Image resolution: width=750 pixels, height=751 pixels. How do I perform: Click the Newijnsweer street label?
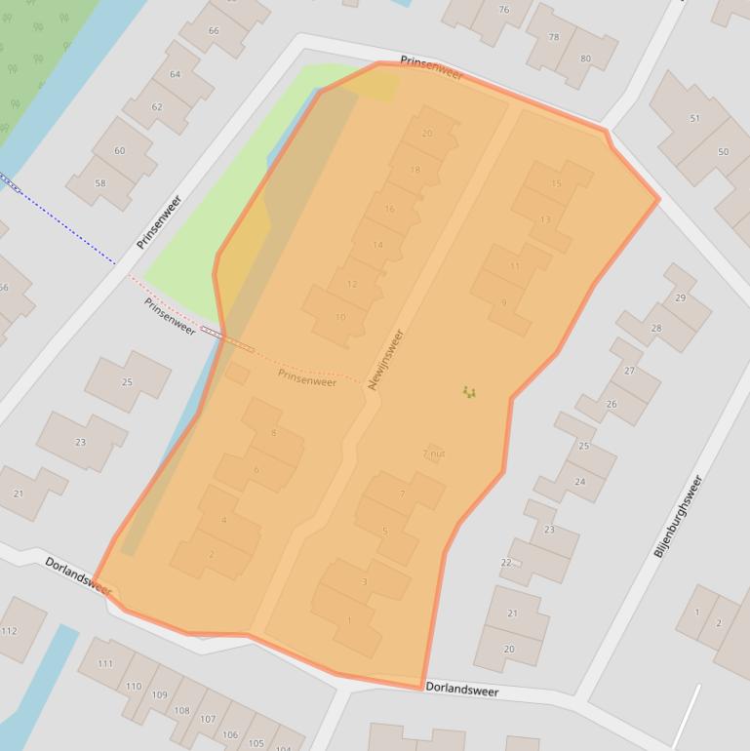pyautogui.click(x=386, y=360)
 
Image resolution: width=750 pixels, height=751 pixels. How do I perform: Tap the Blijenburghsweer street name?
pyautogui.click(x=678, y=516)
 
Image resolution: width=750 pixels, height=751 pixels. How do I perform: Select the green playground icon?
pyautogui.click(x=469, y=392)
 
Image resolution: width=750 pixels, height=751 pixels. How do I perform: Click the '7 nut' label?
pyautogui.click(x=434, y=454)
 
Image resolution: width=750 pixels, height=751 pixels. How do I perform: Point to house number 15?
pyautogui.click(x=556, y=183)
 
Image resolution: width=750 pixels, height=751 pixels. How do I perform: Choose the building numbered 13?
pyautogui.click(x=544, y=219)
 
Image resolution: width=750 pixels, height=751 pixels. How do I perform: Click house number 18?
pyautogui.click(x=415, y=170)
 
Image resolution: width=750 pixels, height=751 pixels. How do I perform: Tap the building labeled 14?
pyautogui.click(x=377, y=245)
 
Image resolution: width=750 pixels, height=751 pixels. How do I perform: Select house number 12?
pyautogui.click(x=352, y=285)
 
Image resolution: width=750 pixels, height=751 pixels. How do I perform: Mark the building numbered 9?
pyautogui.click(x=503, y=303)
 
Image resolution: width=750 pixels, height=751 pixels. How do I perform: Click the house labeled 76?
pyautogui.click(x=503, y=11)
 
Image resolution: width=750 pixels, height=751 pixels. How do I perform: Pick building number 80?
pyautogui.click(x=585, y=59)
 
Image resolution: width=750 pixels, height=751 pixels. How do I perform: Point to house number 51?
pyautogui.click(x=694, y=119)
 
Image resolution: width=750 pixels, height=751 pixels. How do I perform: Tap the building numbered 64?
pyautogui.click(x=175, y=75)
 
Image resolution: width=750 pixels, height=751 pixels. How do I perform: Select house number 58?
pyautogui.click(x=100, y=183)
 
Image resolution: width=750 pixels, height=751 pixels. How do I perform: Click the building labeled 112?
pyautogui.click(x=10, y=630)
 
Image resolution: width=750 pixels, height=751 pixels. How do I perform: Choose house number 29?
pyautogui.click(x=680, y=297)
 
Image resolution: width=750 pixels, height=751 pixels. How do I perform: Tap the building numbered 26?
pyautogui.click(x=611, y=404)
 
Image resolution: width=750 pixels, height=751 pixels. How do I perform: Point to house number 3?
pyautogui.click(x=365, y=582)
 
